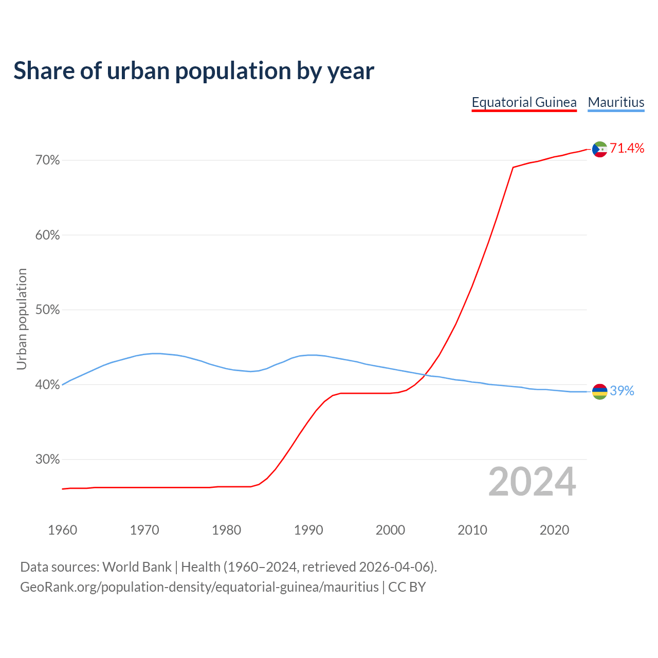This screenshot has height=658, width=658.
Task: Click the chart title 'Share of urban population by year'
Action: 194,71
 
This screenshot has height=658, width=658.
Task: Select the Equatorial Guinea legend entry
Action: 524,102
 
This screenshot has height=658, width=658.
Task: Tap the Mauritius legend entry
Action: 616,102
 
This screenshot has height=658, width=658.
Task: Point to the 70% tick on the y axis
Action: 48,160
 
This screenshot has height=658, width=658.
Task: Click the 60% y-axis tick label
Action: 48,235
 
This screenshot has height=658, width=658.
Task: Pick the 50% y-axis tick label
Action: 48,310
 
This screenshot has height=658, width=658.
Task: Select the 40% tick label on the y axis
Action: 48,385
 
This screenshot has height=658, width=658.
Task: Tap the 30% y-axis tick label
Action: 48,460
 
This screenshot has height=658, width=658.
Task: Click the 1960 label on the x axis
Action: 62,530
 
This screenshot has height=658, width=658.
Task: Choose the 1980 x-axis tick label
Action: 226,530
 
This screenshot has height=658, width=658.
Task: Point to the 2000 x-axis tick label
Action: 390,530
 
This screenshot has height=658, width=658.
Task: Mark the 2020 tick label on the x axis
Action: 554,530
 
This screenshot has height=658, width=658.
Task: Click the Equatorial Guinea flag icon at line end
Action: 599,149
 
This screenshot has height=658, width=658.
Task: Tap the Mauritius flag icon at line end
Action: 599,392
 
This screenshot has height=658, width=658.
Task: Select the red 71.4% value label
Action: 627,149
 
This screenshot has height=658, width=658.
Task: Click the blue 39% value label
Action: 622,391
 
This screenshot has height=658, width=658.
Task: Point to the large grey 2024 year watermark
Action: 532,482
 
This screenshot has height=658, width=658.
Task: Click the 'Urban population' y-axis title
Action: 22,319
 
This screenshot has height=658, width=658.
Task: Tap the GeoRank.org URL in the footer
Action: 199,587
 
